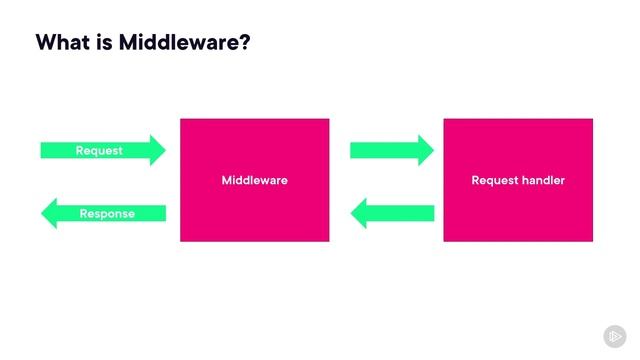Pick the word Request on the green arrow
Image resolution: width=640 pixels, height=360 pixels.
99,150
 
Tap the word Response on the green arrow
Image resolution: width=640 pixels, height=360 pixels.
107,213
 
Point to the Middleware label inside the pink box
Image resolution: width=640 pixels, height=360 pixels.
254,181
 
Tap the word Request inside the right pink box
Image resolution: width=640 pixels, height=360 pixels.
494,181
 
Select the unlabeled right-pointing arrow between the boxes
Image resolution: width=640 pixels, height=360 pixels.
391,150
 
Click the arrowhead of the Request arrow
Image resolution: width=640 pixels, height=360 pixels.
157,150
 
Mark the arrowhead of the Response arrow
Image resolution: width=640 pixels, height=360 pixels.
48,212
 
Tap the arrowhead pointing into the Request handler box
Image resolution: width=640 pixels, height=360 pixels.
425,150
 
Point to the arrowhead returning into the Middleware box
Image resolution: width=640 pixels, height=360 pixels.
358,212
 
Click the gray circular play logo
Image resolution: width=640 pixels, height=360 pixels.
614,336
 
